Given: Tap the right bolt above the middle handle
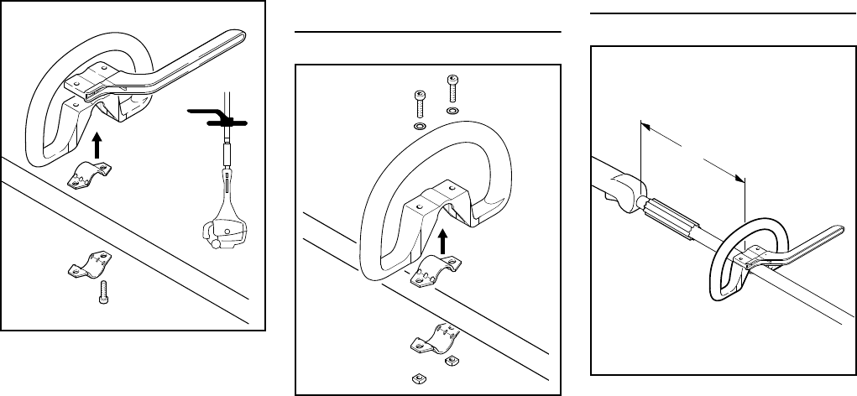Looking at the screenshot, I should coord(452,88).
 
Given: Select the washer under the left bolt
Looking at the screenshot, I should coord(418,127).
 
